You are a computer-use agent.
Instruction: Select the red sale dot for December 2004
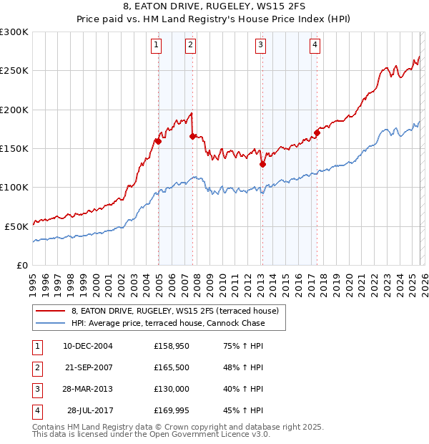pyautogui.click(x=158, y=141)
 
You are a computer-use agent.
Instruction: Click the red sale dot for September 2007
pyautogui.click(x=193, y=136)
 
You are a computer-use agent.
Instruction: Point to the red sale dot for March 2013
pyautogui.click(x=262, y=164)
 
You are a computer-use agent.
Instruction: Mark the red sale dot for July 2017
pyautogui.click(x=317, y=132)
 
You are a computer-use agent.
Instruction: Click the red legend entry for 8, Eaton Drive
pyautogui.click(x=179, y=310)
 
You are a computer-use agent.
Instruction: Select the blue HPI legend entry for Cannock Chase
pyautogui.click(x=168, y=323)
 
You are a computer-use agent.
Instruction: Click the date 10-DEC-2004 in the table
pyautogui.click(x=87, y=346)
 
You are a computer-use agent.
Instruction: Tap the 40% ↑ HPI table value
pyautogui.click(x=243, y=389)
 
